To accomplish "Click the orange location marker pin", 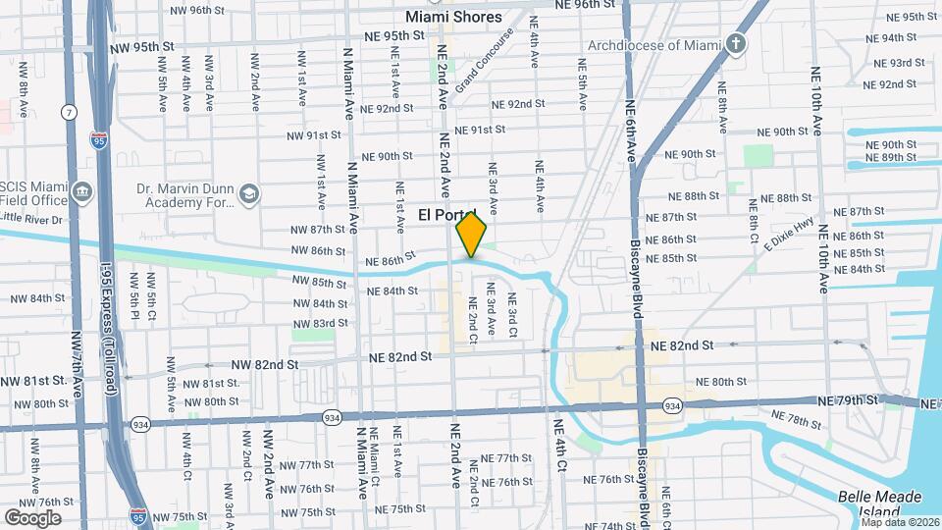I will (x=471, y=236).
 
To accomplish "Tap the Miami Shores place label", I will (x=453, y=17).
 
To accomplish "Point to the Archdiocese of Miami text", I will (x=669, y=45).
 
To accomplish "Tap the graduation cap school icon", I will (x=249, y=194).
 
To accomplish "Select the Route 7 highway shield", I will (x=69, y=113).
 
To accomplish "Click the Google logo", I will (x=32, y=517).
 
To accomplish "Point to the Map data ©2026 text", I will (x=899, y=522).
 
